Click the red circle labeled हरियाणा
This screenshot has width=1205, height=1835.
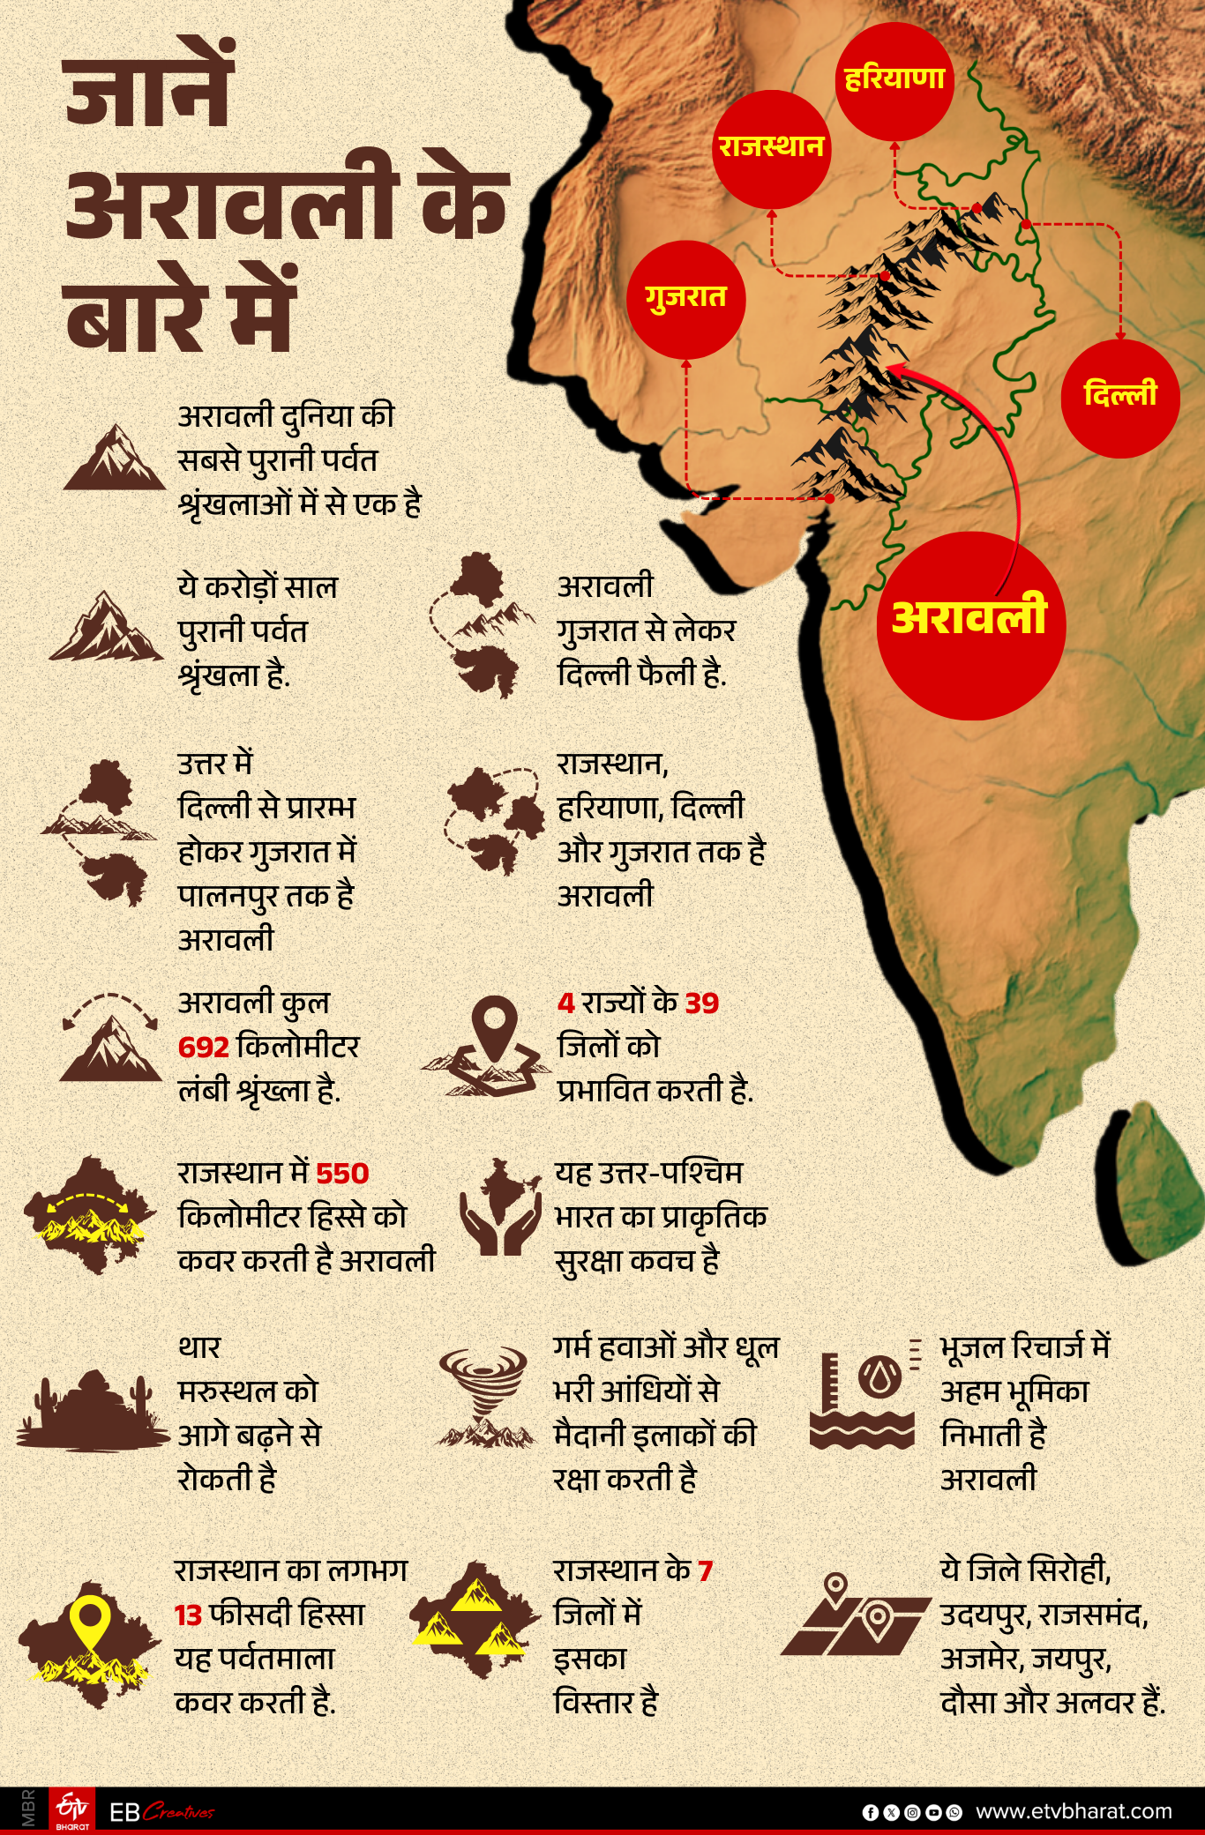[x=894, y=81]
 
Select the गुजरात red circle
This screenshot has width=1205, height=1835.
[x=685, y=299]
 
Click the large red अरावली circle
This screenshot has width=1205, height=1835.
[x=970, y=624]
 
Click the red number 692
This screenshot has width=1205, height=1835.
[x=204, y=1048]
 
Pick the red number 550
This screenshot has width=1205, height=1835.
[x=342, y=1174]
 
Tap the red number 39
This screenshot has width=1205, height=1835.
[x=702, y=1003]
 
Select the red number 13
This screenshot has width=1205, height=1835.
[x=189, y=1615]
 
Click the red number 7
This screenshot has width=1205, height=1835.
[x=705, y=1571]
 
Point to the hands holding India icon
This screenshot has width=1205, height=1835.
[x=500, y=1206]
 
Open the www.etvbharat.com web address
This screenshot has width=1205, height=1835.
[x=1074, y=1811]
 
